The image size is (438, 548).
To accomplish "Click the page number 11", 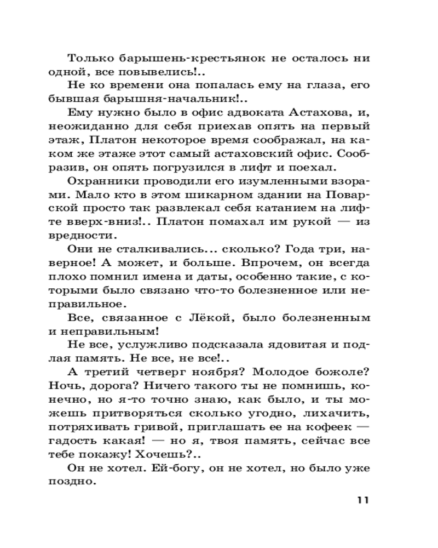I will click(364, 500).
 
